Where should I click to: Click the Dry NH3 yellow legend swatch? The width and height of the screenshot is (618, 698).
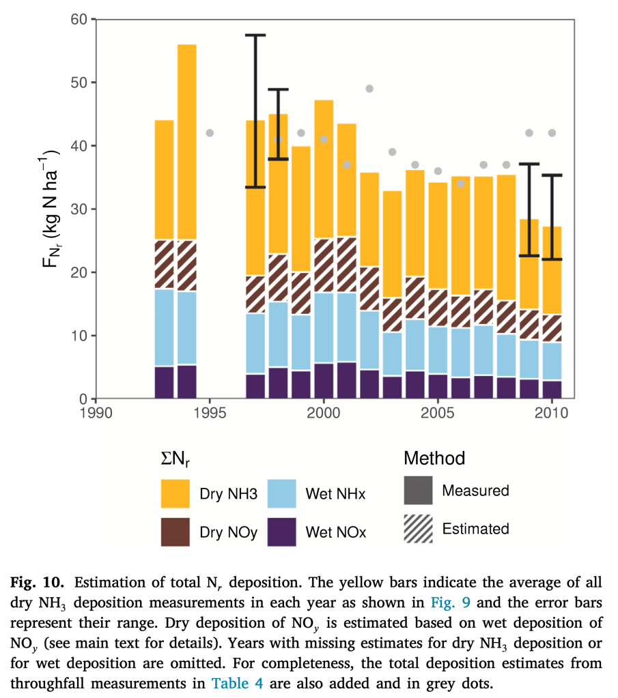pos(175,493)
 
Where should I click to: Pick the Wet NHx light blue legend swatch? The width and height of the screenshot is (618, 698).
pos(281,493)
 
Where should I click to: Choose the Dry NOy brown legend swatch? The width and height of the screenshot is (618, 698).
pos(175,532)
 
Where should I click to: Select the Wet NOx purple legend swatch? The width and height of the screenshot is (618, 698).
pos(281,532)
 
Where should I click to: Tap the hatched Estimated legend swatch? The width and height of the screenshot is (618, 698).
pos(418,529)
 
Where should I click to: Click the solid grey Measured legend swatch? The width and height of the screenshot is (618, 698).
pos(418,490)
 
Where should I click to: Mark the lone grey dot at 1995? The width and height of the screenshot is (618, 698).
pos(210,133)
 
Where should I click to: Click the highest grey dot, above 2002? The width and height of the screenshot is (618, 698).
pos(369,89)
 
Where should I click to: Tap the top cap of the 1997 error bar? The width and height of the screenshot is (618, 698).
pos(255,35)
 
